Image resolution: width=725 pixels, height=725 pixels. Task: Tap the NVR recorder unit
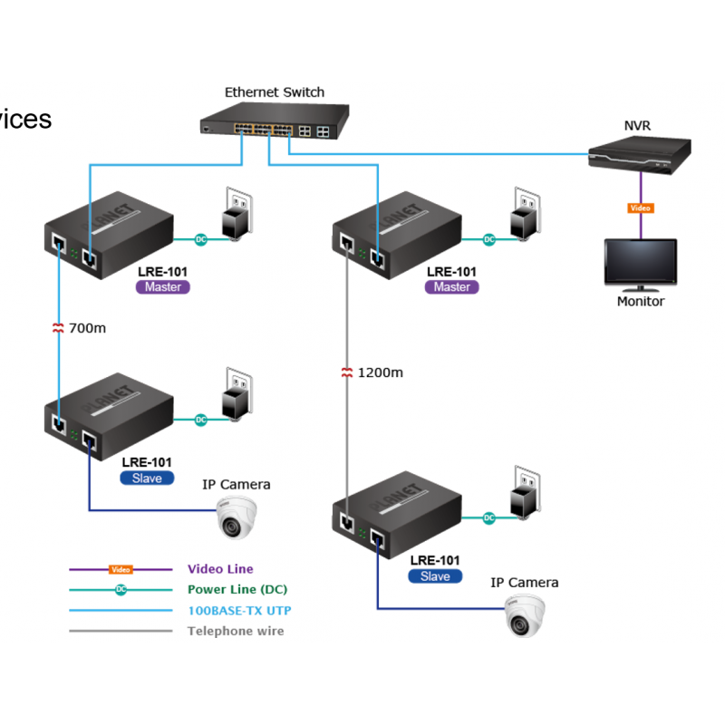(639, 155)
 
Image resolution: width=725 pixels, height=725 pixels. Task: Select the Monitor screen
(640, 264)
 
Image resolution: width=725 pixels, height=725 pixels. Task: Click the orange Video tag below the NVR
(640, 208)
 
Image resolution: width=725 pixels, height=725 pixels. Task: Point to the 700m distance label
(87, 328)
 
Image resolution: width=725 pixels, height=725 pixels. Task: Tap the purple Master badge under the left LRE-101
(163, 287)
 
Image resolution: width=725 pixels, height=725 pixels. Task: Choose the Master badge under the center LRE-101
(451, 287)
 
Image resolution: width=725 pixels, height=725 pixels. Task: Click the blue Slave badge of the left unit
(147, 478)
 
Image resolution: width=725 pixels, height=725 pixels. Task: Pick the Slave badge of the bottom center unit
(435, 576)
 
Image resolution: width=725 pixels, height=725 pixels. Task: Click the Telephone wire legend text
(235, 631)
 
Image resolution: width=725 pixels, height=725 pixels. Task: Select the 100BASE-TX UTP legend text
(239, 610)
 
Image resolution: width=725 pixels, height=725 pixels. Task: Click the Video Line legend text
(220, 569)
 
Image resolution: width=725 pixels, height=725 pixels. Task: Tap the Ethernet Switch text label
(274, 92)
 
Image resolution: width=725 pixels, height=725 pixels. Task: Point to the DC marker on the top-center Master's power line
(488, 239)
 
